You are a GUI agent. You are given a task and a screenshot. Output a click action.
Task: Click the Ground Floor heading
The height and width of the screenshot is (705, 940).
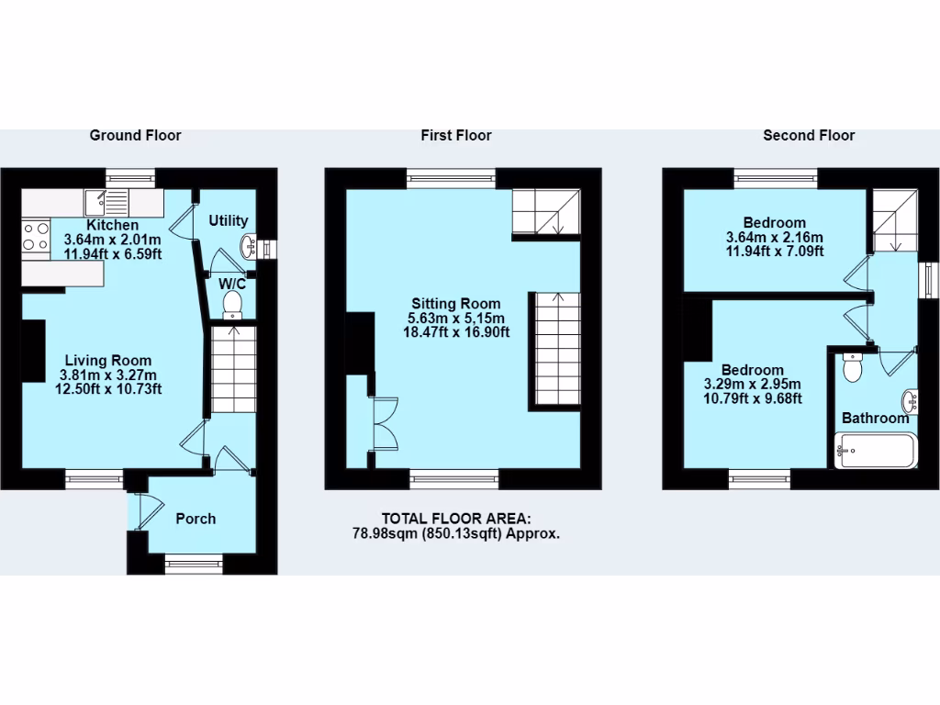[135, 135]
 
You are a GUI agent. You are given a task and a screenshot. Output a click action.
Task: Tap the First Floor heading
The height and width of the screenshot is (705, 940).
[456, 135]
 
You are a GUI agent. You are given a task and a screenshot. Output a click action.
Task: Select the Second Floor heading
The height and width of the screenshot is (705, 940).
[809, 135]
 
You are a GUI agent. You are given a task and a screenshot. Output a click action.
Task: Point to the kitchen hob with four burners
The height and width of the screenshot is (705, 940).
[37, 236]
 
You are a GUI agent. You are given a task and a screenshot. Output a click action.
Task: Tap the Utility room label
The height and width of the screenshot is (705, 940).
[228, 220]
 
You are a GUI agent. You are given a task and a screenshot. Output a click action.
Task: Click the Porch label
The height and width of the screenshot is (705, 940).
[196, 519]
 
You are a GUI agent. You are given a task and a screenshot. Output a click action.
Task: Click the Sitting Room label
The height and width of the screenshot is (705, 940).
[455, 303]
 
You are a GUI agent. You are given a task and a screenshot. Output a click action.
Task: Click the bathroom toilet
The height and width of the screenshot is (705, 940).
[853, 368]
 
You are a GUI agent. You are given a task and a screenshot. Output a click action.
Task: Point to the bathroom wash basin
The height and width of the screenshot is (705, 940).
[910, 400]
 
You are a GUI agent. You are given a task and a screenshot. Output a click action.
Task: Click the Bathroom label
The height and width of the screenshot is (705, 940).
[875, 419]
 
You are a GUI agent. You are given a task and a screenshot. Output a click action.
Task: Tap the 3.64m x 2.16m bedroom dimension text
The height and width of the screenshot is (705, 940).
[774, 237]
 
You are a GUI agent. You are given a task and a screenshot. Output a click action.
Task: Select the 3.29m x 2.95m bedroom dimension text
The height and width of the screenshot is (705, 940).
[753, 385]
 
